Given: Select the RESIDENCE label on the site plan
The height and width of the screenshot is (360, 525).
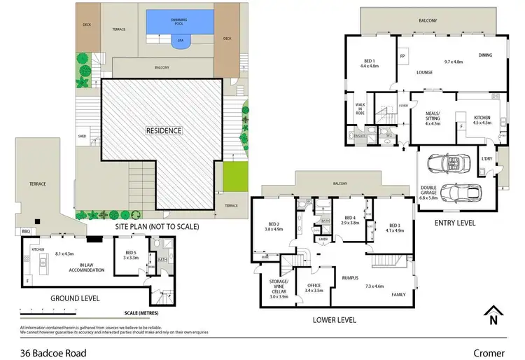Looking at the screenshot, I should pos(163,130).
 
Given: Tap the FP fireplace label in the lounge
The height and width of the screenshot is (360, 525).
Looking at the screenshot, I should pos(402,56).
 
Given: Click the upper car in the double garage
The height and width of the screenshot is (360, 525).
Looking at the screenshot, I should pos(447,163).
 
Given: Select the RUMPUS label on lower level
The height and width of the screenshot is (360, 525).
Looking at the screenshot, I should pos(350,277).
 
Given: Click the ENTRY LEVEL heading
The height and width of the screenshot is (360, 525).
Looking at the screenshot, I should pos(454,223).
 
